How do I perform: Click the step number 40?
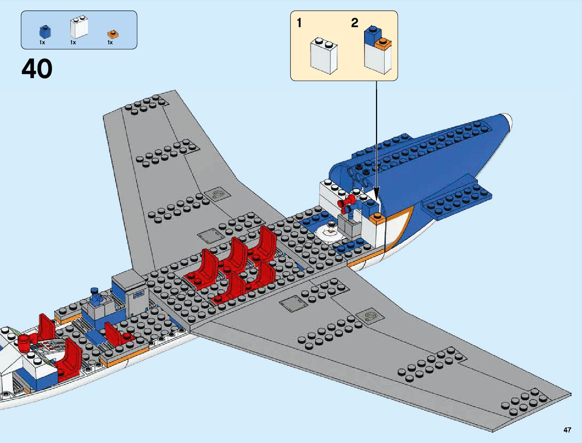coord(37,69)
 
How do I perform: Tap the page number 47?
coord(567,430)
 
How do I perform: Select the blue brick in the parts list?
coord(45,31)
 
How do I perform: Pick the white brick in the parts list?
coord(79,28)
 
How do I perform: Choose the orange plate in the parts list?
coord(113,34)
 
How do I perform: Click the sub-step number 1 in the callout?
coord(299,23)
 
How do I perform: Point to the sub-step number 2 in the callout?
coord(354,23)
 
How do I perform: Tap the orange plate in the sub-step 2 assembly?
coord(383,44)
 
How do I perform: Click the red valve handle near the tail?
coord(344,202)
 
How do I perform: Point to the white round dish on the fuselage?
coord(329,232)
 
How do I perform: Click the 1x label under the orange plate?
coord(110,43)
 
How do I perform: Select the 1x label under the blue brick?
coord(42,43)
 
